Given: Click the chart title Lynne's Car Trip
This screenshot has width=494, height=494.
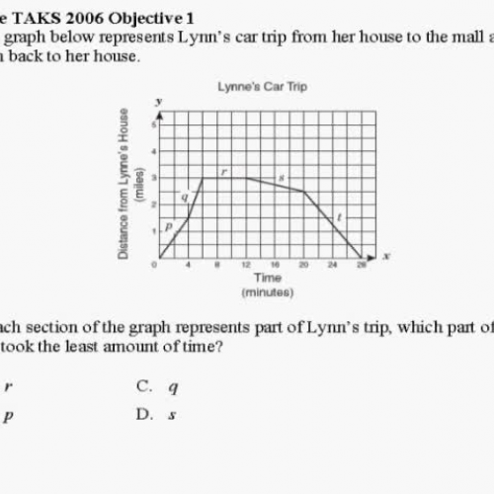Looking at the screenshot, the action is (262, 86).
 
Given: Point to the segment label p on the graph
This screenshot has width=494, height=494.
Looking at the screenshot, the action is (169, 225).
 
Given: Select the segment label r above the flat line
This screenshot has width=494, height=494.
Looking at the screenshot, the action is (224, 171).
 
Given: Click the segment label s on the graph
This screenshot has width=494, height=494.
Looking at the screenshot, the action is (282, 179).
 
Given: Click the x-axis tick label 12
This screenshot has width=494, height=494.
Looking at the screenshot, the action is (246, 265).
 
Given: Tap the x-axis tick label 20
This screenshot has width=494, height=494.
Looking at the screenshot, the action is (303, 265).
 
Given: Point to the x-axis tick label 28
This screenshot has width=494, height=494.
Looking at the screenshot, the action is (361, 265).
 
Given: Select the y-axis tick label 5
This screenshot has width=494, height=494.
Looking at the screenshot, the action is (153, 124).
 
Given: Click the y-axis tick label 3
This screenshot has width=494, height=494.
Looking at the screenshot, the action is (153, 178).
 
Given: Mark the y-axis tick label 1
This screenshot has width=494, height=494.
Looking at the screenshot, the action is (153, 231).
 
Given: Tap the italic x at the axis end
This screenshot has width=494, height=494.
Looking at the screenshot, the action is (386, 256).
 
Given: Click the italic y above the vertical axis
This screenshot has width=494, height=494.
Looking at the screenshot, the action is (158, 101).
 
